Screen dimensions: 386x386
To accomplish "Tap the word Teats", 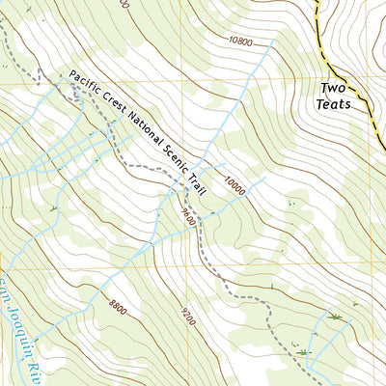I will [x=346, y=104].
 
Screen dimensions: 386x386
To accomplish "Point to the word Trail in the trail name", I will [x=200, y=184].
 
